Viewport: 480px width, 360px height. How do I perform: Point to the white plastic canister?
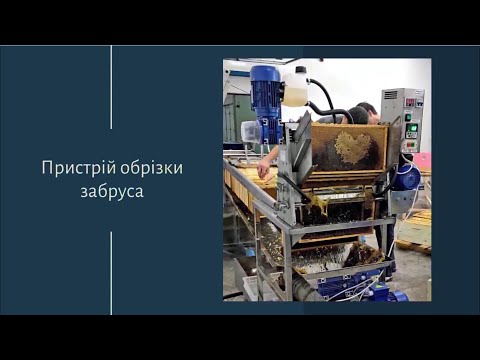click(x=295, y=87)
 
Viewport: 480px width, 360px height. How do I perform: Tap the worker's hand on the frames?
click(x=263, y=170)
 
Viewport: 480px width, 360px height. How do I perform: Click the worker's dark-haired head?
click(x=367, y=111)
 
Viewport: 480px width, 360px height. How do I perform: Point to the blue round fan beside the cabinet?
click(x=407, y=178)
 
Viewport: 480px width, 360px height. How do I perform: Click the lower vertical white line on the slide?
click(x=111, y=272)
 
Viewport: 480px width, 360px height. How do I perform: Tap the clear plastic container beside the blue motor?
click(x=250, y=131)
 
